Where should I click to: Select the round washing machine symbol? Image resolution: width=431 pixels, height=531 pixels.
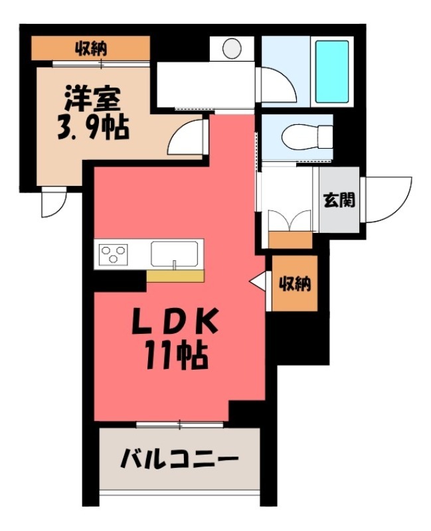232,48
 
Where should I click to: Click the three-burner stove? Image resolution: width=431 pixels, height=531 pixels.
114,254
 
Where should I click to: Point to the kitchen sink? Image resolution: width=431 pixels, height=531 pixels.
174,254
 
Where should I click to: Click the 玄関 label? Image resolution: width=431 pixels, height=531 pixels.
339,200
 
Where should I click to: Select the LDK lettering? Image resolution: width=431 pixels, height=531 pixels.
175,324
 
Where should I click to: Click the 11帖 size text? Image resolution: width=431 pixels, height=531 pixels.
175,356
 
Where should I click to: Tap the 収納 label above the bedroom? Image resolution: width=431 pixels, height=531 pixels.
91,47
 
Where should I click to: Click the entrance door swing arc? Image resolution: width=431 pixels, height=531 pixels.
388,198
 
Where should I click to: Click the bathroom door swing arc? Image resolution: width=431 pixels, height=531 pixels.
275,85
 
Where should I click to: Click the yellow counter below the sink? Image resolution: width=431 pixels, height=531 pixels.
176,276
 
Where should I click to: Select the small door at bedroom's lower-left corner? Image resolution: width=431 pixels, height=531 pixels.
51,203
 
